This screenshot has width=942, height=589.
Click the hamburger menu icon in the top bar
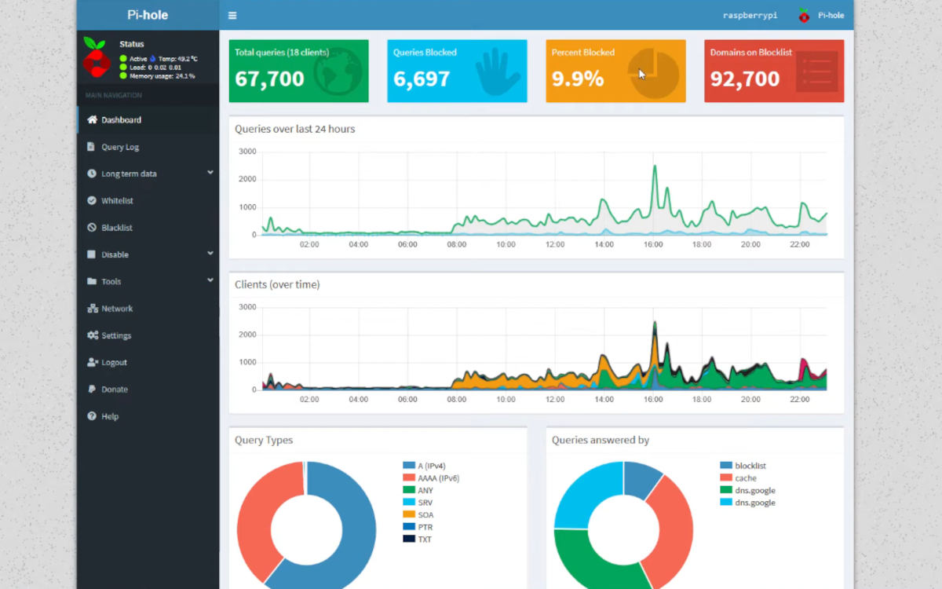coord(232,16)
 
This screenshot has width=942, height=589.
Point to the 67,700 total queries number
coord(269,79)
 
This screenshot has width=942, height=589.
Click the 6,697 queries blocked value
coord(422,79)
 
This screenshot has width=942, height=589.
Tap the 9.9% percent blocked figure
coord(578,79)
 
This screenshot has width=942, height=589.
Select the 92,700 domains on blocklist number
coord(745,79)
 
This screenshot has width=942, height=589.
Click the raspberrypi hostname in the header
coord(750,16)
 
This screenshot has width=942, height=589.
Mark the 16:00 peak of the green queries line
coord(655,166)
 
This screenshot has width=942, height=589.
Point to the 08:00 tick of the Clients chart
coord(456,399)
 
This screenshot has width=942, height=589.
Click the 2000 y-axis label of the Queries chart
coord(247,179)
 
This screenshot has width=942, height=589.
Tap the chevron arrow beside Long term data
coord(210,173)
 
